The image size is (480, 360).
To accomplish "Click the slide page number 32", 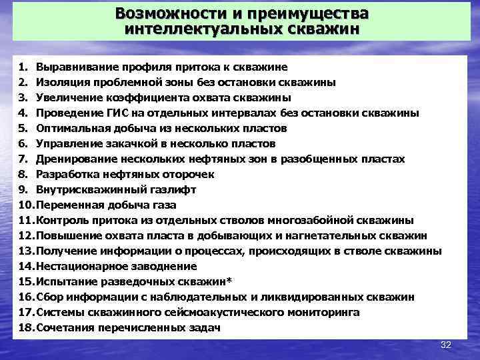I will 446,345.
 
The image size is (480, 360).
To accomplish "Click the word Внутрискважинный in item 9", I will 89,189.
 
